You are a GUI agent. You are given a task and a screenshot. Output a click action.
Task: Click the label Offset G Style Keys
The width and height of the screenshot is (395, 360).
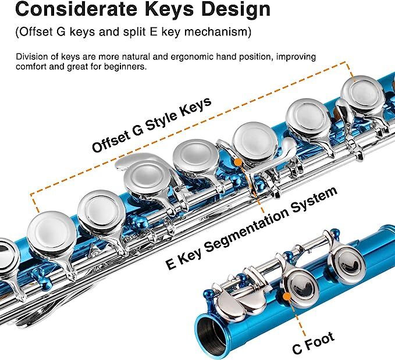coord(151,126)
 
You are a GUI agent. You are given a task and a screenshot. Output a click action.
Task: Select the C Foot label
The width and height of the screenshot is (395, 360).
coord(313,344)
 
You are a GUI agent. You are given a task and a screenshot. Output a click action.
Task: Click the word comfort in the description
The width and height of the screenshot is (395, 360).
coord(33,67)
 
